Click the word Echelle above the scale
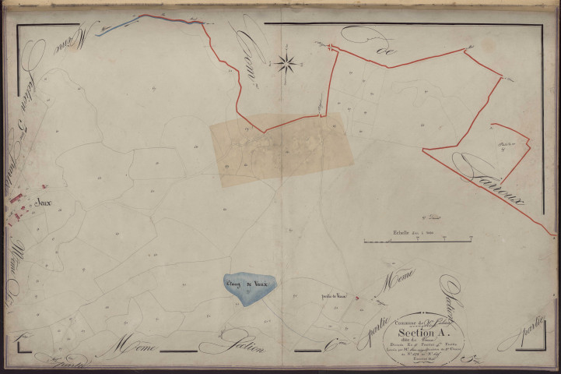tap(403, 233)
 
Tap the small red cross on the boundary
tap(331, 48)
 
